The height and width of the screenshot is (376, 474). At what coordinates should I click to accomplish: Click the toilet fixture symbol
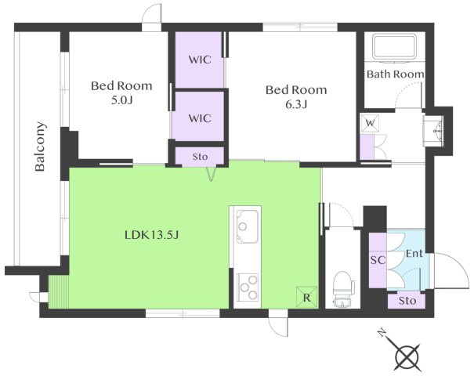point(343,289)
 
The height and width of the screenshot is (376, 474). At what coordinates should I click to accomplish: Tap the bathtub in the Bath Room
point(395,47)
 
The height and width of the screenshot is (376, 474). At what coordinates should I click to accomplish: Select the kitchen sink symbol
point(247,226)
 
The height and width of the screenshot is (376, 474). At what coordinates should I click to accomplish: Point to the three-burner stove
point(248,287)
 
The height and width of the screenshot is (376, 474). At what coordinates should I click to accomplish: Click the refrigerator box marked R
point(307,297)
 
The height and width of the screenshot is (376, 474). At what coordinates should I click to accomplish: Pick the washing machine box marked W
point(370,123)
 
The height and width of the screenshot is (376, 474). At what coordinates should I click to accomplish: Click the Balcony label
point(40,146)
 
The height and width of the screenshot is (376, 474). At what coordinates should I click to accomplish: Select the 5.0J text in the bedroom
point(121,100)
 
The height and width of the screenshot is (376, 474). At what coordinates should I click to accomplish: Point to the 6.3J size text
point(296,104)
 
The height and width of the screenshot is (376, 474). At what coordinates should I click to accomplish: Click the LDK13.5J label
point(152,235)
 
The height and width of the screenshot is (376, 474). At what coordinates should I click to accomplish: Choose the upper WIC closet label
point(200,60)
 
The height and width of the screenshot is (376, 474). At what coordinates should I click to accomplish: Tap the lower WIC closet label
point(200,118)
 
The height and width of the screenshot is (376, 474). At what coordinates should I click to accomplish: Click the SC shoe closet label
point(378,259)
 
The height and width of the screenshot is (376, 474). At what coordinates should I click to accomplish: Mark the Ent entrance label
point(414,253)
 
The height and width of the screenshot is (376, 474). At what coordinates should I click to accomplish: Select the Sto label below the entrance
point(407,301)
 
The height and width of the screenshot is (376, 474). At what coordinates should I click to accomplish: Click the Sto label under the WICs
point(200,157)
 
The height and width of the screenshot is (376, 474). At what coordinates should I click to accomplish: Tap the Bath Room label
point(395,74)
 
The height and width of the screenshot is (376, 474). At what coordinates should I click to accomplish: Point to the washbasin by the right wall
point(433,131)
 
